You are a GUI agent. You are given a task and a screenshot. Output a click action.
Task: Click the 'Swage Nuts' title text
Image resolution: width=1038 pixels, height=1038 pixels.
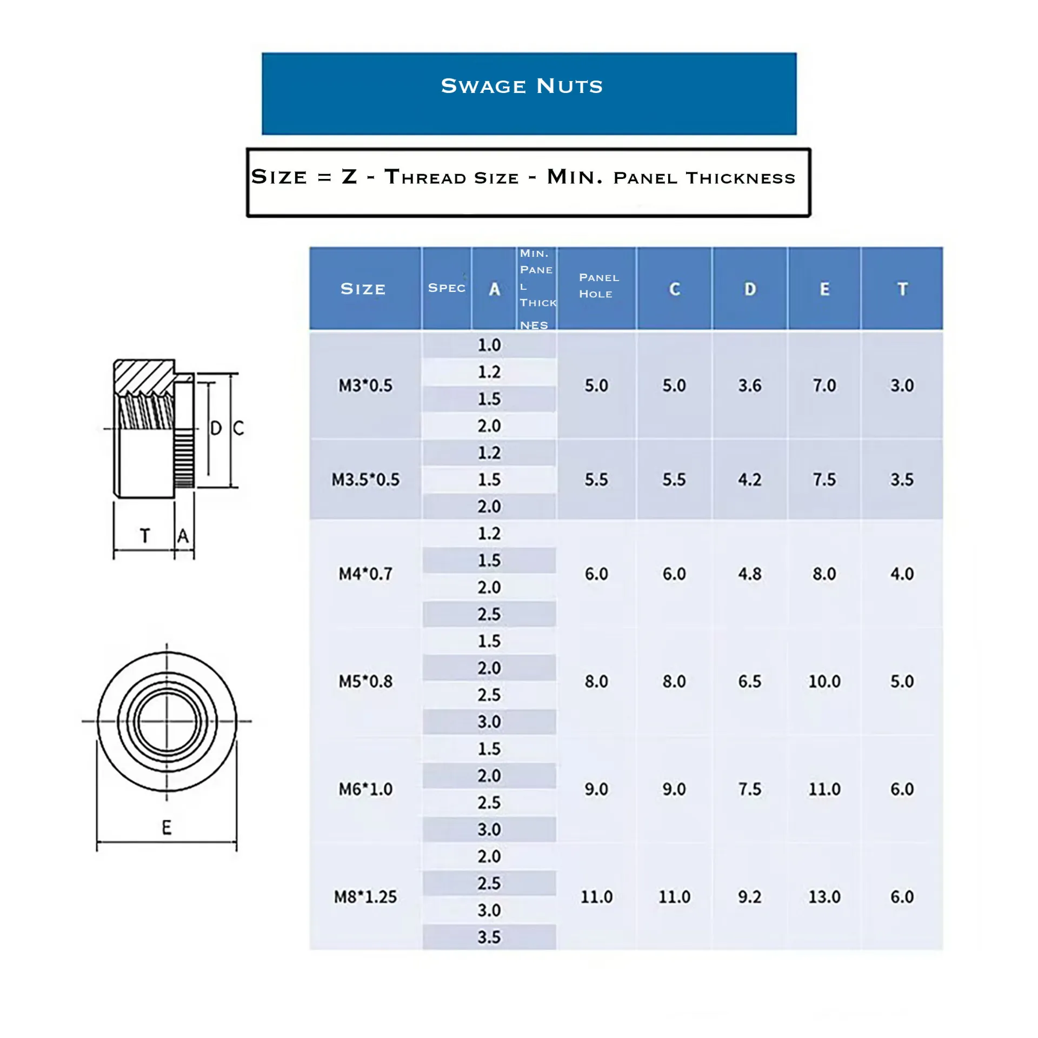(x=522, y=86)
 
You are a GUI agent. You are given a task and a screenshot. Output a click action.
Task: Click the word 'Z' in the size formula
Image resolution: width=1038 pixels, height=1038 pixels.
(x=349, y=177)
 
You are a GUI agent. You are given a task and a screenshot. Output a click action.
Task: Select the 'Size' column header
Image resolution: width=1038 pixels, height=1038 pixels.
(x=363, y=289)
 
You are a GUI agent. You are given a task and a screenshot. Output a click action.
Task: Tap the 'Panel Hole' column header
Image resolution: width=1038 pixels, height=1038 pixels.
(x=598, y=285)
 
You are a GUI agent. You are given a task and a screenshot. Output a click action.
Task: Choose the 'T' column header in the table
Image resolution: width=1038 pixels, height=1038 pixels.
(x=902, y=289)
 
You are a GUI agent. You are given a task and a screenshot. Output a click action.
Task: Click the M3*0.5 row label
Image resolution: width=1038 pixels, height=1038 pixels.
(x=365, y=385)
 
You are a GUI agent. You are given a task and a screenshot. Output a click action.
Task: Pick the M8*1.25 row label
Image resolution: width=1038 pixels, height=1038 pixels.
(x=365, y=897)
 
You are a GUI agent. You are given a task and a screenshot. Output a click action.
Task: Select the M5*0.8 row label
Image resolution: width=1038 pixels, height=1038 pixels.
(x=365, y=681)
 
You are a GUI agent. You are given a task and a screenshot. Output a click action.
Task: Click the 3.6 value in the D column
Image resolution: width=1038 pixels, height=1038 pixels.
(x=750, y=385)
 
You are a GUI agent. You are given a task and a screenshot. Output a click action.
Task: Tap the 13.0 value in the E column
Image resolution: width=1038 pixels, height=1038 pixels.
(x=824, y=897)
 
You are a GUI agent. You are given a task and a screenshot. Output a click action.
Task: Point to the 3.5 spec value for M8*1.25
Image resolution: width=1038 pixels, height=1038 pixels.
(x=489, y=937)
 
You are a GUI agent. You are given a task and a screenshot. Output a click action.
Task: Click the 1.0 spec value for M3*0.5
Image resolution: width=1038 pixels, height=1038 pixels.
(x=489, y=345)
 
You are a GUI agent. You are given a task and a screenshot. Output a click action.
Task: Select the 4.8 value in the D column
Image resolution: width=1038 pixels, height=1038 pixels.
(x=750, y=574)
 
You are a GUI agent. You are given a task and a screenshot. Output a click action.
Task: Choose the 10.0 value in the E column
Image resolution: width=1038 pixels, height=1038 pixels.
(x=824, y=681)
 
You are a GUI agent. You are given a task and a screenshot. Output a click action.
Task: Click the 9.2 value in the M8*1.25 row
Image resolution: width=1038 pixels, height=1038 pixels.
(x=750, y=897)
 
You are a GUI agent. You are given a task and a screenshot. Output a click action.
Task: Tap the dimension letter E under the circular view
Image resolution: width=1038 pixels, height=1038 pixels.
(x=167, y=828)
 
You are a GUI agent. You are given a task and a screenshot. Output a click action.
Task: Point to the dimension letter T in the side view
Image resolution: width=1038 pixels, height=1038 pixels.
(x=144, y=536)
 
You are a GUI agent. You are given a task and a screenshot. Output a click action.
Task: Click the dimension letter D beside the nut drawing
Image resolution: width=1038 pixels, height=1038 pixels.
(x=216, y=428)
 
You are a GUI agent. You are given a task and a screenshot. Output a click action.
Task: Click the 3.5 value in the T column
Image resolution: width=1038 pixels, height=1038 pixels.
(x=902, y=480)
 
